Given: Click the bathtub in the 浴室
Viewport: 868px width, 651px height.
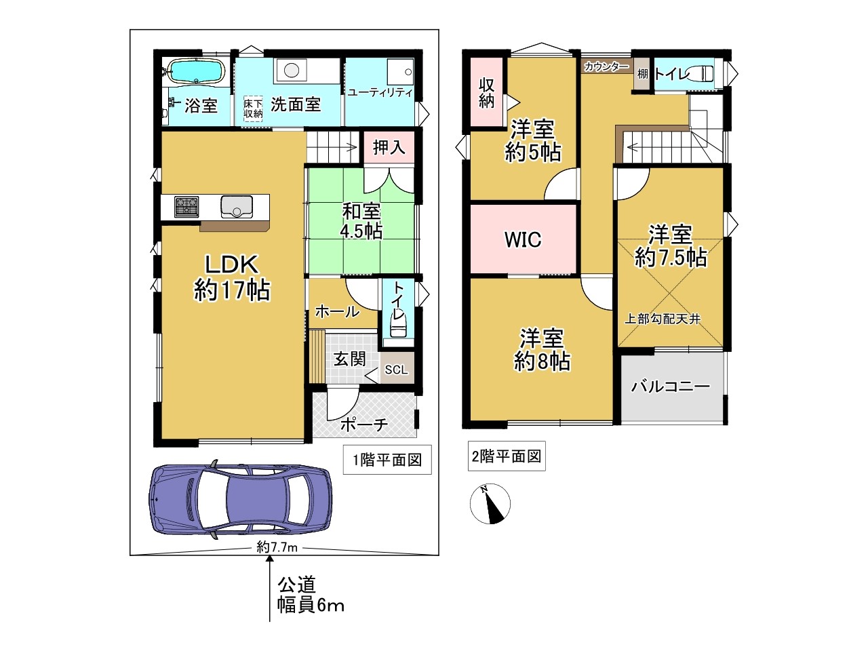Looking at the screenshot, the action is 196,72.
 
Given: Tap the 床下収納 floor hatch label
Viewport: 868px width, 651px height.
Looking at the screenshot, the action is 253,108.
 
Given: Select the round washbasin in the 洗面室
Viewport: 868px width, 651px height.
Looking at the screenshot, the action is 292,71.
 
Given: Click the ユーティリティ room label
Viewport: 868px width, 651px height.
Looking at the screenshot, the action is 380,92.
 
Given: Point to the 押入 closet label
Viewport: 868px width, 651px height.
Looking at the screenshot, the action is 389,148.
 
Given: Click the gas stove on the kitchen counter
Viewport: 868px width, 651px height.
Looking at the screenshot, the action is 186,206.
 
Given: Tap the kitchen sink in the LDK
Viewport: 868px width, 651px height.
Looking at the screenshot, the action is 237,207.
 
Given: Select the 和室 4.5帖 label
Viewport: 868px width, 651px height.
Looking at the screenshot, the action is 361,221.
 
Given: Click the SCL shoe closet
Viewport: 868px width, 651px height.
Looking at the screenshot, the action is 397,368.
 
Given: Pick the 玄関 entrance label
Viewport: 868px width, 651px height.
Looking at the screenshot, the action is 349,359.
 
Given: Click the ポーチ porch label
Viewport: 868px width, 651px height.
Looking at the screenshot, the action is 363,425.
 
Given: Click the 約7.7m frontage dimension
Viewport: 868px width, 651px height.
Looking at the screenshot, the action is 277,547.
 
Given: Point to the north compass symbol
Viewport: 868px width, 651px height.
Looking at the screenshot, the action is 490,504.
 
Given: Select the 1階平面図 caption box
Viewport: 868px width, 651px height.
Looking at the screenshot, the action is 387,460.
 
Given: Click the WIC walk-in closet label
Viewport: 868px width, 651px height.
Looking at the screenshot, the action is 523,239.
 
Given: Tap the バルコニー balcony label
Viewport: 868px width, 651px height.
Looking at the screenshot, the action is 671,386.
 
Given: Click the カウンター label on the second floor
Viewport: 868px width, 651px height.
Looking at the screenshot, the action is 607,66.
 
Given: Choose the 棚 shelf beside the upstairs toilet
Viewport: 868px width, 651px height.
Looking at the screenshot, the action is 642,73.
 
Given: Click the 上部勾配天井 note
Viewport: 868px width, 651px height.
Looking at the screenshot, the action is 663,319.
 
